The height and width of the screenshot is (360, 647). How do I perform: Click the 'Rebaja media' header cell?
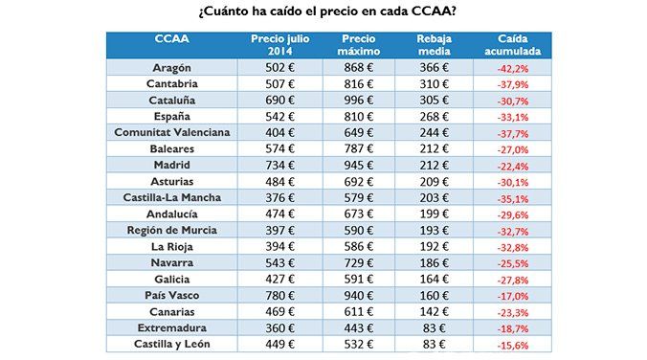[440, 44]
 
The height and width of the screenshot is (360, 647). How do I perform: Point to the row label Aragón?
[171, 68]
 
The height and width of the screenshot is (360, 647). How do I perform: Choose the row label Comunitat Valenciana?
[171, 132]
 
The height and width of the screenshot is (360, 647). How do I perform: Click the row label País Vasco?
[171, 295]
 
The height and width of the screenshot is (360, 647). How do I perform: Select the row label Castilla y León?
[171, 344]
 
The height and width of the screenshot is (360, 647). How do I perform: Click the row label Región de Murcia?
[171, 230]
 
